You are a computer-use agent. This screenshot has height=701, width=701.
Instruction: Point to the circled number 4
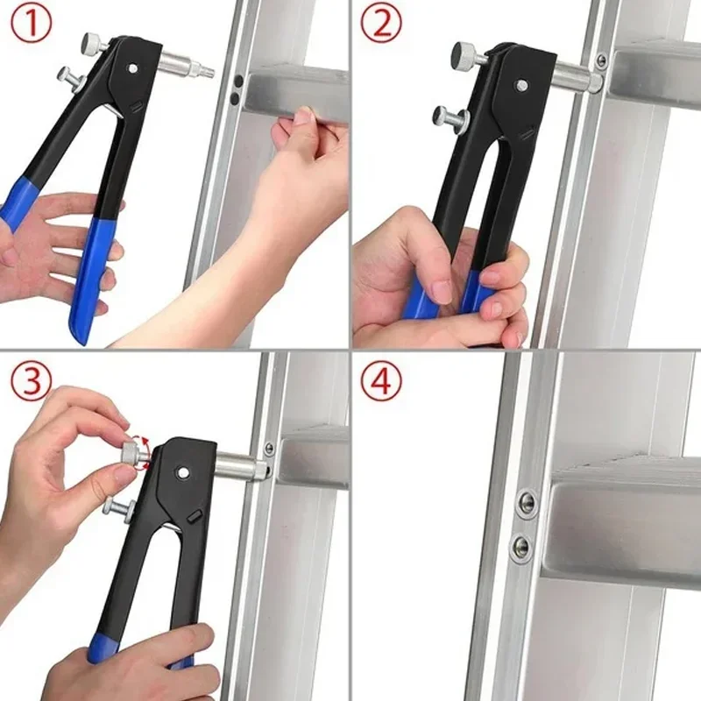(x=381, y=381)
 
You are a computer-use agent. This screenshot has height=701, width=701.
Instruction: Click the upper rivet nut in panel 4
(x=526, y=501)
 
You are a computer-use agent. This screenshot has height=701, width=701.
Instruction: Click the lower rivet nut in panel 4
(x=522, y=547)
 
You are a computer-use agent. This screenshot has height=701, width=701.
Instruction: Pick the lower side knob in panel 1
(x=67, y=77)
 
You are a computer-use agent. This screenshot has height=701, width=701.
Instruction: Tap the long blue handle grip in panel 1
(x=88, y=280)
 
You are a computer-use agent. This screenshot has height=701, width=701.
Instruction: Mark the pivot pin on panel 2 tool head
(x=520, y=85)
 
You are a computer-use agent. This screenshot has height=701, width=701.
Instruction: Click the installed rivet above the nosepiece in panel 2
(x=601, y=60)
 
